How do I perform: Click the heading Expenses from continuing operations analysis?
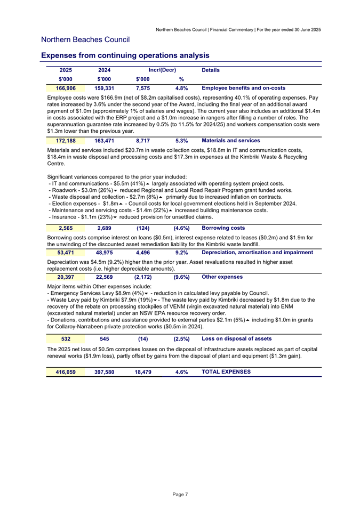pyautogui.click(x=125, y=55)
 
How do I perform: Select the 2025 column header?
pyautogui.click(x=66, y=70)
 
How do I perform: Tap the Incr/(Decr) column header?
pyautogui.click(x=162, y=70)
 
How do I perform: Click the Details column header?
pyautogui.click(x=211, y=70)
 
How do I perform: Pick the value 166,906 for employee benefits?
pyautogui.click(x=66, y=88)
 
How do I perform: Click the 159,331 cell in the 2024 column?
pyautogui.click(x=105, y=88)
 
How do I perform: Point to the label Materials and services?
pyautogui.click(x=231, y=141)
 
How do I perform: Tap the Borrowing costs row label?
pyautogui.click(x=223, y=228)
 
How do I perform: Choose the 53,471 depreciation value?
pyautogui.click(x=66, y=253)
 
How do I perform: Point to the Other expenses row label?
pyautogui.click(x=222, y=277)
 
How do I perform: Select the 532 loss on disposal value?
pyautogui.click(x=67, y=338)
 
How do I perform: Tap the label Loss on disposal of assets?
pyautogui.click(x=237, y=338)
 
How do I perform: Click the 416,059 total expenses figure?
pyautogui.click(x=66, y=371)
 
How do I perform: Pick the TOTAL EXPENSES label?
pyautogui.click(x=226, y=371)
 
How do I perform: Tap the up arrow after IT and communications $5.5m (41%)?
pyautogui.click(x=148, y=183)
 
